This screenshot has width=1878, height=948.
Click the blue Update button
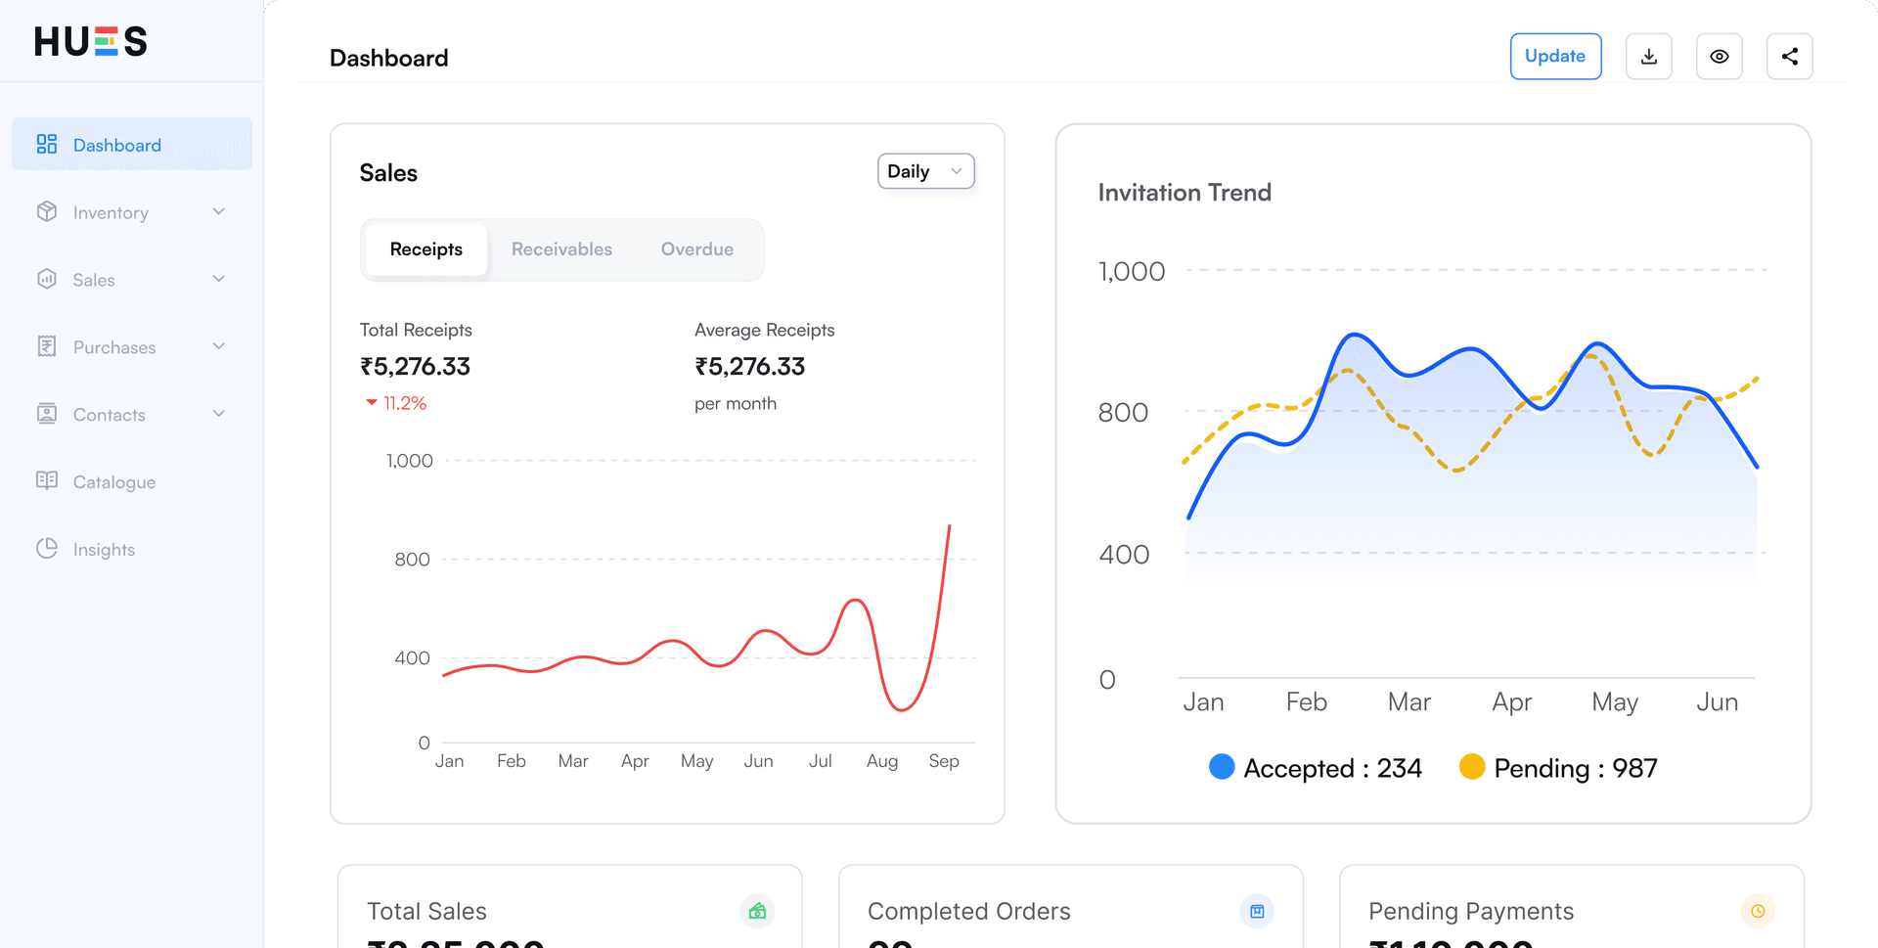point(1555,57)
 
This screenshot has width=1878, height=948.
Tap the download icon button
point(1649,57)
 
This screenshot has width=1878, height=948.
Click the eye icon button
point(1720,57)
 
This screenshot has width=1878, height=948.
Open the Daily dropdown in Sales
point(925,171)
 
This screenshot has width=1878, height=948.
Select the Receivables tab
point(561,249)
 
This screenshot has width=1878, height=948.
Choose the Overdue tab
point(696,249)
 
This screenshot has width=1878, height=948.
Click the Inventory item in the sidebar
point(111,212)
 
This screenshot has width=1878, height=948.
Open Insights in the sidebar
point(104,549)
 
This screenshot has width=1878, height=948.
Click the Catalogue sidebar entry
point(113,481)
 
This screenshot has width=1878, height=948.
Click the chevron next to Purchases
point(219,346)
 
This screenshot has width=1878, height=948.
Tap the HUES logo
point(91,41)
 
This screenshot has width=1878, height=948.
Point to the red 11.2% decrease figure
point(404,403)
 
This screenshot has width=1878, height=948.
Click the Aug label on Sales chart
point(881,761)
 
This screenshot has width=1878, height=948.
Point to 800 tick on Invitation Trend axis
point(1123,412)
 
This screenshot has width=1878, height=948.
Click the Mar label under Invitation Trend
point(1408,701)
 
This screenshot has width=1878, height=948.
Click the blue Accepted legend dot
point(1222,767)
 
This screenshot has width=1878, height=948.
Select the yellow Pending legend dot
point(1471,767)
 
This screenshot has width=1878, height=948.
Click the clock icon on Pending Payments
point(1758,911)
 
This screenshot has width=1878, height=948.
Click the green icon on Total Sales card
point(757,911)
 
